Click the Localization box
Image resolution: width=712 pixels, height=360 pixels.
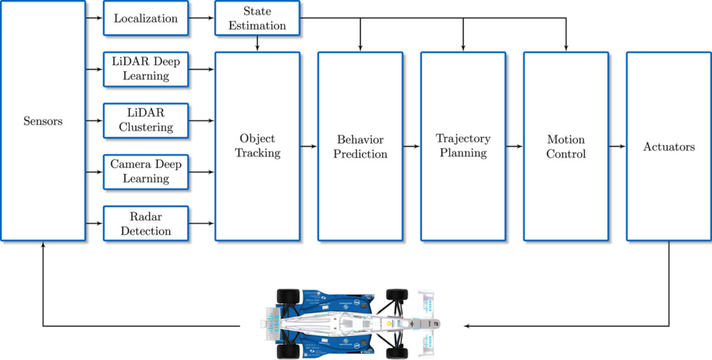point(146,19)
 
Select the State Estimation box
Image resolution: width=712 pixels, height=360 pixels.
point(257,19)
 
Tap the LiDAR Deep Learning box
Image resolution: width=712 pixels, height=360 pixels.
point(146,68)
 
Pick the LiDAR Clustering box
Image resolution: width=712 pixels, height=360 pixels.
point(146,120)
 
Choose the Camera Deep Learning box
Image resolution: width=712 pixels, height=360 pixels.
point(146,171)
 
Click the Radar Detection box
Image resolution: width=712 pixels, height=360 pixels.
point(146,223)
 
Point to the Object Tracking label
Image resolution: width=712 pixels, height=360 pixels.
point(257,146)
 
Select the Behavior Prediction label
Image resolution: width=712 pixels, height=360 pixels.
point(360,146)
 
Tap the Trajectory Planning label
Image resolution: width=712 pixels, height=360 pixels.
point(462,146)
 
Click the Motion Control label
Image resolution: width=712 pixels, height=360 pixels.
point(565,146)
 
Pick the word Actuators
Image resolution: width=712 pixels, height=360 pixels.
point(668,146)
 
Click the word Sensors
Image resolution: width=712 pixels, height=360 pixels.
point(43,121)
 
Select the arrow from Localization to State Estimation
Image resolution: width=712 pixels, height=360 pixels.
point(201,19)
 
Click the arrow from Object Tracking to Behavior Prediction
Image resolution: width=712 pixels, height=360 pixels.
point(309,146)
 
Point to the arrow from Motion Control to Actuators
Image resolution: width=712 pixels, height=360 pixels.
point(617,146)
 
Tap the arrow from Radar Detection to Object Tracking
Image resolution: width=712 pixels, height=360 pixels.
point(201,223)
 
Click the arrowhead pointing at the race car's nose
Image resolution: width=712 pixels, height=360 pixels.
point(468,325)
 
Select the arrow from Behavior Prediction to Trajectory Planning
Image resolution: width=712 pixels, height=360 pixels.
point(411,146)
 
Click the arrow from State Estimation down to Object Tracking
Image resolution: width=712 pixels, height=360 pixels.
point(257,44)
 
